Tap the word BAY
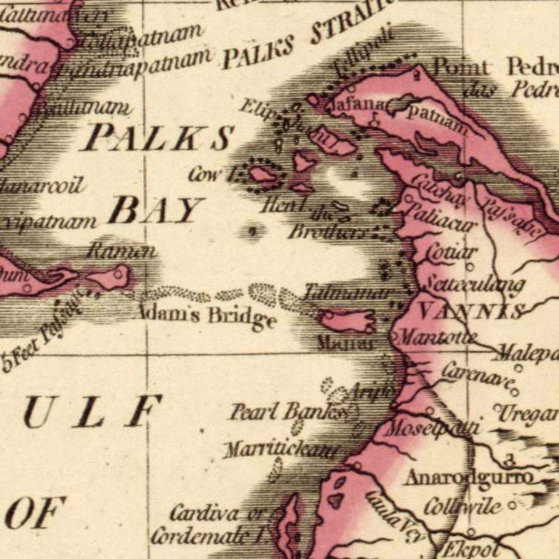tap(155, 210)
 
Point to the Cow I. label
tap(210, 175)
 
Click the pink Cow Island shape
tap(263, 174)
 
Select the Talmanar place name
tap(347, 293)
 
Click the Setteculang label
tap(474, 285)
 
